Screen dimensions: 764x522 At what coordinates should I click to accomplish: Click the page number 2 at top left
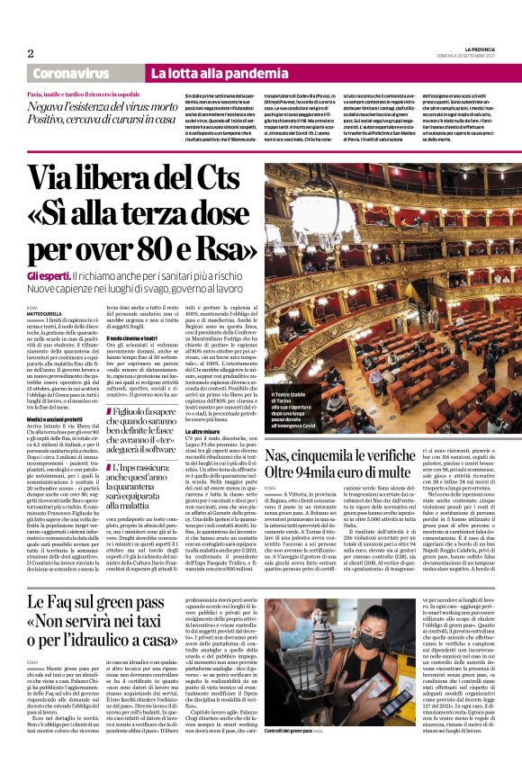point(31,53)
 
